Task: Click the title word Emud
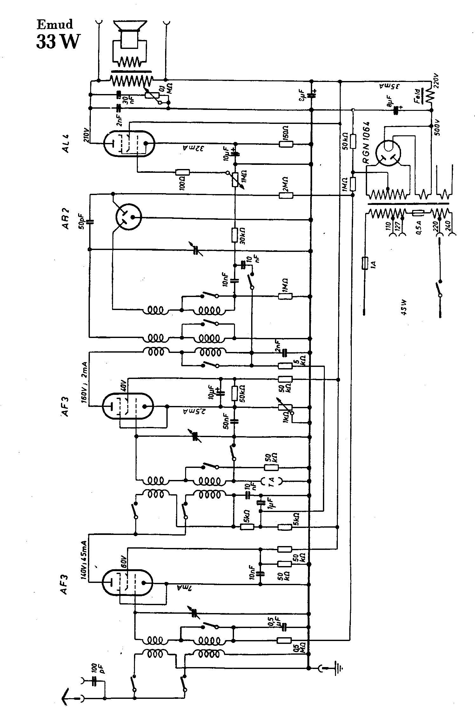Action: [55, 24]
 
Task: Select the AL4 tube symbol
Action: [129, 143]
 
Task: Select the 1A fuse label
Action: [373, 264]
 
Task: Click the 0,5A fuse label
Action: [419, 227]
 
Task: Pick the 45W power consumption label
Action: [404, 307]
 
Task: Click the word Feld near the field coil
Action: [418, 96]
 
